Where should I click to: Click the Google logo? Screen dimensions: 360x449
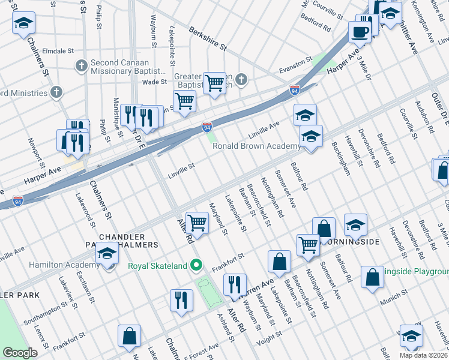(20, 353)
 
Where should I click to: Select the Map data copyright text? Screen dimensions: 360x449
(423, 355)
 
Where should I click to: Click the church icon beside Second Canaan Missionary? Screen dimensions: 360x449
(82, 65)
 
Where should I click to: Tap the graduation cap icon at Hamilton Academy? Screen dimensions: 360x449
(107, 255)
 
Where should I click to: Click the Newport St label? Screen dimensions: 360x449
(34, 152)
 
